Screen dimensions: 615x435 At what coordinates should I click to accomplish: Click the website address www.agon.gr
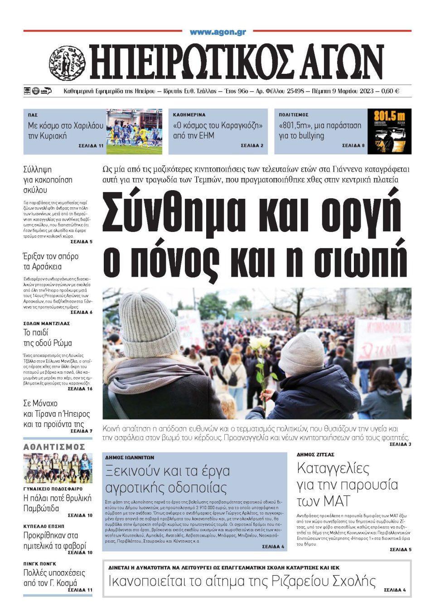pyautogui.click(x=217, y=32)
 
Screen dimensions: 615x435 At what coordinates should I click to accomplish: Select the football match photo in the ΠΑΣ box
pyautogui.click(x=131, y=131)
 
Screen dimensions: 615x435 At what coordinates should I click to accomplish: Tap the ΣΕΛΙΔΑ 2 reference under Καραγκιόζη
pyautogui.click(x=253, y=145)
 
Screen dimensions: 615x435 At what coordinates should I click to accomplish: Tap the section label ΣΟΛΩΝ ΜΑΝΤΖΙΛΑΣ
pyautogui.click(x=47, y=324)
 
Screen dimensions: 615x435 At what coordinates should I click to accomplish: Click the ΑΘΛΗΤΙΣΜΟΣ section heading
pyautogui.click(x=54, y=447)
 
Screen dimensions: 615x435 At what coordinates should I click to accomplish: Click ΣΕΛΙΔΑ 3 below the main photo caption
pyautogui.click(x=400, y=444)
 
